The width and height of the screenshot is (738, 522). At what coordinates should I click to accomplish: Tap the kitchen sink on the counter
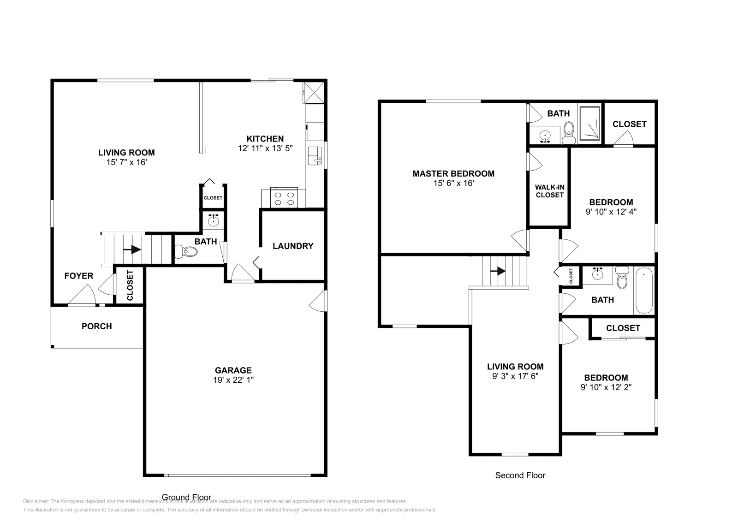[315, 156]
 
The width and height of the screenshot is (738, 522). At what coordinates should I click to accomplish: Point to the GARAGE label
[233, 370]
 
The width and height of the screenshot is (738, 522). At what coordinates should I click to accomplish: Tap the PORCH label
[97, 326]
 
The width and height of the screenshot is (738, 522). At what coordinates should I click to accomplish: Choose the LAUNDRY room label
[293, 246]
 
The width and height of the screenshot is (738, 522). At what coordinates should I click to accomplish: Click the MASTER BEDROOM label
[453, 173]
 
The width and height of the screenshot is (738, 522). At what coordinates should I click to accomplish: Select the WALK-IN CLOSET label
[549, 191]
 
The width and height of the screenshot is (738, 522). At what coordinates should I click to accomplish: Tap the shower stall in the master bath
[589, 123]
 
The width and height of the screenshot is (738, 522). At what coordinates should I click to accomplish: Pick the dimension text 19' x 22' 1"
[233, 380]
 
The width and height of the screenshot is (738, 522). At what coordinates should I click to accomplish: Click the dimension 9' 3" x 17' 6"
[515, 376]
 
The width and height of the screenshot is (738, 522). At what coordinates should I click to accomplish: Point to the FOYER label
[78, 276]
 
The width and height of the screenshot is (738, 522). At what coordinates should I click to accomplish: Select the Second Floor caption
[520, 475]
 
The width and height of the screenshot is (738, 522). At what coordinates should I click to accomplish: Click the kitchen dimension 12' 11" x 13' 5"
[265, 148]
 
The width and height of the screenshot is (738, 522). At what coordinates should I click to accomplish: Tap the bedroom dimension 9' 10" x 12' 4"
[611, 212]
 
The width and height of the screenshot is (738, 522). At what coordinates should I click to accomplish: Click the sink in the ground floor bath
[213, 220]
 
